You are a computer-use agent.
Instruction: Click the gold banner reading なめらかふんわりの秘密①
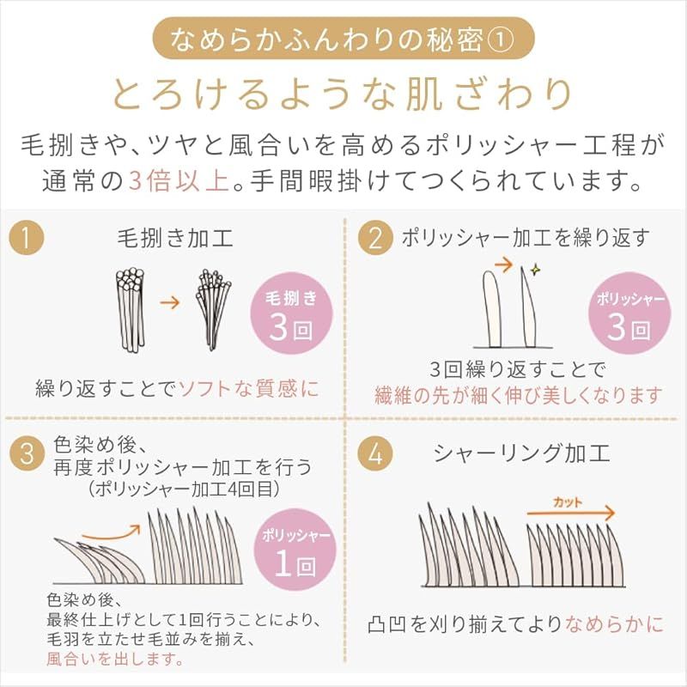[343, 39]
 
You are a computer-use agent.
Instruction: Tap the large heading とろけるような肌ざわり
[343, 94]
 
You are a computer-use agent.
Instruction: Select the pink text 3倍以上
[179, 180]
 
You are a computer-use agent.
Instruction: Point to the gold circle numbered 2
[375, 238]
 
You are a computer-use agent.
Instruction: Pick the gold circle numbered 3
[27, 453]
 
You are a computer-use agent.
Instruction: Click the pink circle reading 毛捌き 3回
[291, 313]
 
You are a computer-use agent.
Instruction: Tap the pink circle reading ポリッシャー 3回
[629, 313]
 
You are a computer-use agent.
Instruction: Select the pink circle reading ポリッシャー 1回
[295, 550]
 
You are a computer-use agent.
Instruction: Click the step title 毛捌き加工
[175, 239]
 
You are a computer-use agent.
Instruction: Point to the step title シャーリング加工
[522, 453]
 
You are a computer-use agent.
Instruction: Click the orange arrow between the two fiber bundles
[169, 302]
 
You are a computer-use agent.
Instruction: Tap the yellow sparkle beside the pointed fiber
[535, 271]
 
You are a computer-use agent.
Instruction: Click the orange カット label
[568, 502]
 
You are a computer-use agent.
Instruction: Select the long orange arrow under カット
[571, 513]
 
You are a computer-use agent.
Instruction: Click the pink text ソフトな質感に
[249, 389]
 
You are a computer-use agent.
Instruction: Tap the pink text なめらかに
[615, 624]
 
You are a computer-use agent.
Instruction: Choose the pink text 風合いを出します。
[115, 659]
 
